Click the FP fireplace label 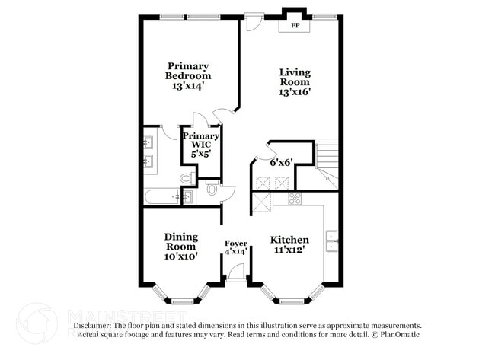tap(295, 27)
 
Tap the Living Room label tap(295, 77)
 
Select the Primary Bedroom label tap(188, 71)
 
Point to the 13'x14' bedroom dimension tap(188, 86)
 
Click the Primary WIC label tap(201, 139)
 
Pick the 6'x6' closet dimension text tap(281, 161)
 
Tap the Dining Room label tap(181, 241)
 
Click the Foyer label tap(235, 244)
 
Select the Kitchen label tap(290, 240)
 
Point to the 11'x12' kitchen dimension tap(290, 250)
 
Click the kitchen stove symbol tap(295, 199)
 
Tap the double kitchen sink tap(332, 240)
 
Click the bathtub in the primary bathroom tap(163, 197)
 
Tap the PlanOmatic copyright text tap(396, 334)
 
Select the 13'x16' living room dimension tap(295, 92)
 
